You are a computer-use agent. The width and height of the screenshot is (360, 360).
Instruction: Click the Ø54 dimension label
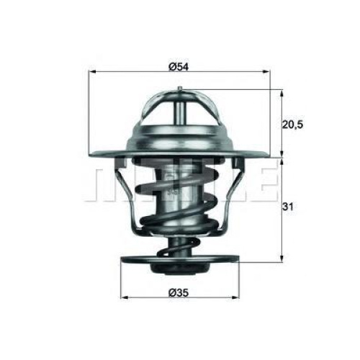click(179, 67)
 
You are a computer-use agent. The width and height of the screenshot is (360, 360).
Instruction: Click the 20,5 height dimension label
click(292, 125)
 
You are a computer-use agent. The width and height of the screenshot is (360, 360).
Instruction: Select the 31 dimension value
click(287, 207)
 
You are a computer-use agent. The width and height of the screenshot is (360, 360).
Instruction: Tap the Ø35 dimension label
click(179, 292)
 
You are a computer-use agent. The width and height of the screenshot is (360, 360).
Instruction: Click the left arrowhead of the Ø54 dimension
click(93, 71)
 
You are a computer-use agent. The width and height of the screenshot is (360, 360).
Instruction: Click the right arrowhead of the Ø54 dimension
click(266, 71)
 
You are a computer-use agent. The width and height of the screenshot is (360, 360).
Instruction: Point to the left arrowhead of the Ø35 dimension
click(124, 297)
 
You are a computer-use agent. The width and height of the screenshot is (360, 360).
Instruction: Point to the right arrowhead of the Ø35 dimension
click(236, 297)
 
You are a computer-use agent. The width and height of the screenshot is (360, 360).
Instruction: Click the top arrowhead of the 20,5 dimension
click(282, 94)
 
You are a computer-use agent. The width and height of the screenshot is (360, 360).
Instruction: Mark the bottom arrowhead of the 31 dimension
click(282, 258)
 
